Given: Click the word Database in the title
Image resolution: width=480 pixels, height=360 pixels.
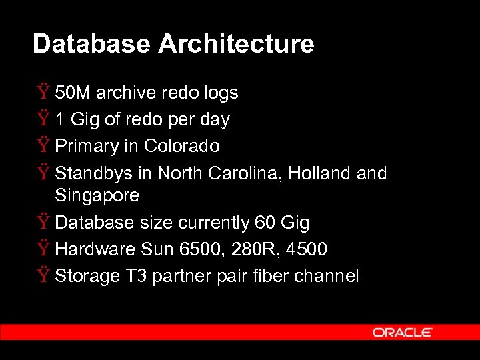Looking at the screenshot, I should [x=92, y=44].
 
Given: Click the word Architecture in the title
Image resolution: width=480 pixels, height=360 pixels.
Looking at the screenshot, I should [x=236, y=44].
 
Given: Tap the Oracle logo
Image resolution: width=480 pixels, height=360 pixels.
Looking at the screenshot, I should [x=403, y=332].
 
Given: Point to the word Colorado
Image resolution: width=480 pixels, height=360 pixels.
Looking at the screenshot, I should [x=181, y=146].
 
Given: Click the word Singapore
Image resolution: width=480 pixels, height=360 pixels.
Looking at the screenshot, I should [x=97, y=195].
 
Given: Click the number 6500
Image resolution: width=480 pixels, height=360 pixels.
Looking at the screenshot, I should [x=199, y=249].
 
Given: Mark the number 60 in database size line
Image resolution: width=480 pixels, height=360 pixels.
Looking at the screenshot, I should [x=256, y=222].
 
